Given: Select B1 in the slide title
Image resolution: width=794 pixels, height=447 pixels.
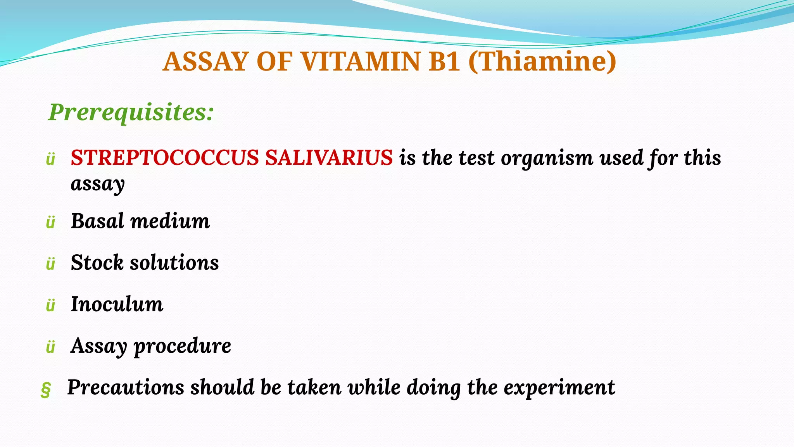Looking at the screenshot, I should [444, 62].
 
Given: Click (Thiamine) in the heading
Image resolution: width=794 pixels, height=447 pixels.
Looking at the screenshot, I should [542, 62].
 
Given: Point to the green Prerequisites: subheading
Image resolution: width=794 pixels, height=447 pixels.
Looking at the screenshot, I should [131, 112].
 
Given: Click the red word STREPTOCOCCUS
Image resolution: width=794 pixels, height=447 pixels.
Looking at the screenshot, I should [164, 158].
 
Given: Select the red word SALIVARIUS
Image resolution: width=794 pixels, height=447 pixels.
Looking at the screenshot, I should [329, 158].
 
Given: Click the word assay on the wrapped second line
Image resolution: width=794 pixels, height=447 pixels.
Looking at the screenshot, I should [98, 184].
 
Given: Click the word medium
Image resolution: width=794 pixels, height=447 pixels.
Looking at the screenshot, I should [170, 221].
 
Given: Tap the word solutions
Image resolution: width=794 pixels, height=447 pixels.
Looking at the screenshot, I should [174, 262].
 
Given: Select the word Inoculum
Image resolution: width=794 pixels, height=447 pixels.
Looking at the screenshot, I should [117, 304].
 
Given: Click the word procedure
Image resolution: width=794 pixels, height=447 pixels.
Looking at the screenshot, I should [182, 346].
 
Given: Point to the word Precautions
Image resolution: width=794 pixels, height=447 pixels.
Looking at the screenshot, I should [126, 387].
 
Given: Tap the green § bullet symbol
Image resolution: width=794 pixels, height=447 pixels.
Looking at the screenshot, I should [46, 389].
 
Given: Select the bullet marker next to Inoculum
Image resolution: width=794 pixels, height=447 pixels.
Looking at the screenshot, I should [50, 306].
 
